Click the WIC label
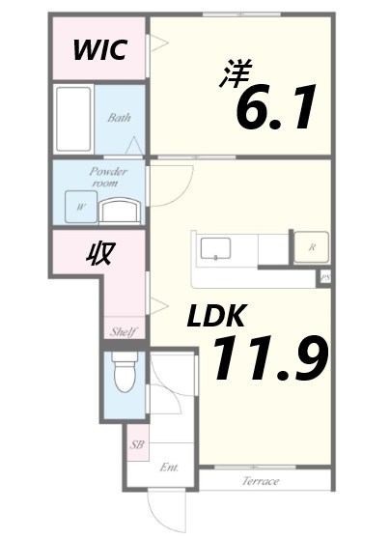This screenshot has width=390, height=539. [100, 50]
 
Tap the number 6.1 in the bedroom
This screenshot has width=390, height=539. [275, 107]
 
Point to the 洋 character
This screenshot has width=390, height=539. [237, 74]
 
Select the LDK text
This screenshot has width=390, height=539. [216, 315]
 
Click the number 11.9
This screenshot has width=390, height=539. [270, 357]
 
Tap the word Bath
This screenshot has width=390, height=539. [120, 118]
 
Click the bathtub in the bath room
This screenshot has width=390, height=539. [73, 119]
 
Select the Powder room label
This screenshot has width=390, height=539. [108, 177]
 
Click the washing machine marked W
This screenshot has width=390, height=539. [81, 207]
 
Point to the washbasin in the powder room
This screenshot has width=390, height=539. [120, 211]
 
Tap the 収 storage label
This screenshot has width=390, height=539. [100, 253]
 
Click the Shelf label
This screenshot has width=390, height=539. [124, 331]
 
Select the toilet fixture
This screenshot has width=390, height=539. [125, 372]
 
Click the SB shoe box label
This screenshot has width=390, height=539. [137, 444]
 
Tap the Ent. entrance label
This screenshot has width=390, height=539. [169, 468]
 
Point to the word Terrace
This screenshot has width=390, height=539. [261, 481]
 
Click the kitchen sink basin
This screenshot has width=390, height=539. [215, 248]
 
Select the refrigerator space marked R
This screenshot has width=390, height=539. [312, 247]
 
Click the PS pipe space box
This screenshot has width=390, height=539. [324, 278]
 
